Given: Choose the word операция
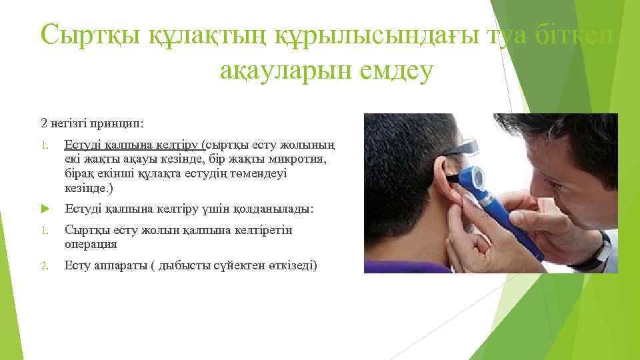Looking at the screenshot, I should [x=91, y=245].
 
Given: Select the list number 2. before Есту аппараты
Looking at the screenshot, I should [x=44, y=267].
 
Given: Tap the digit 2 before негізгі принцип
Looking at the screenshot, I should [x=43, y=123].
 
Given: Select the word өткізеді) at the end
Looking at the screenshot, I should [x=293, y=266].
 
